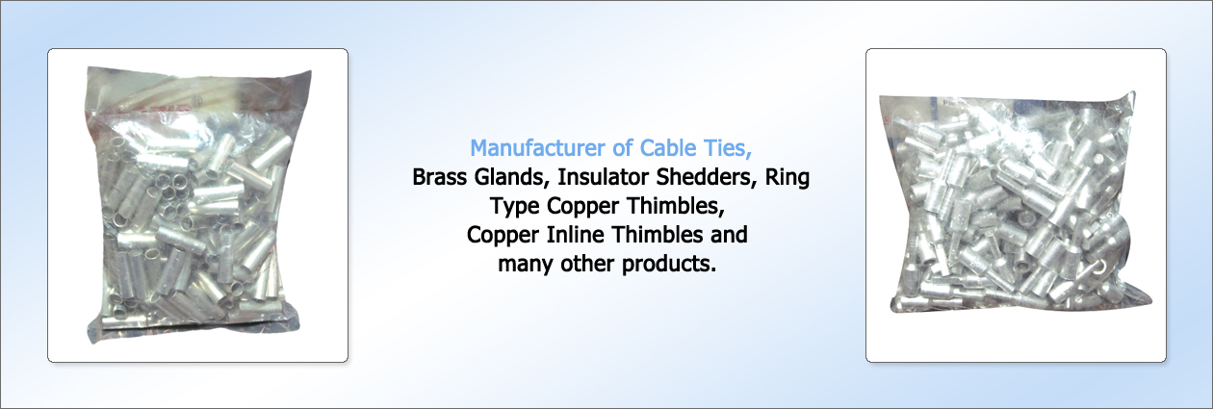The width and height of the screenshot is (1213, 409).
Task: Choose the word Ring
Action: [x=787, y=178]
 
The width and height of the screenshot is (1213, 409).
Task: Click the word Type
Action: [x=514, y=207]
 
